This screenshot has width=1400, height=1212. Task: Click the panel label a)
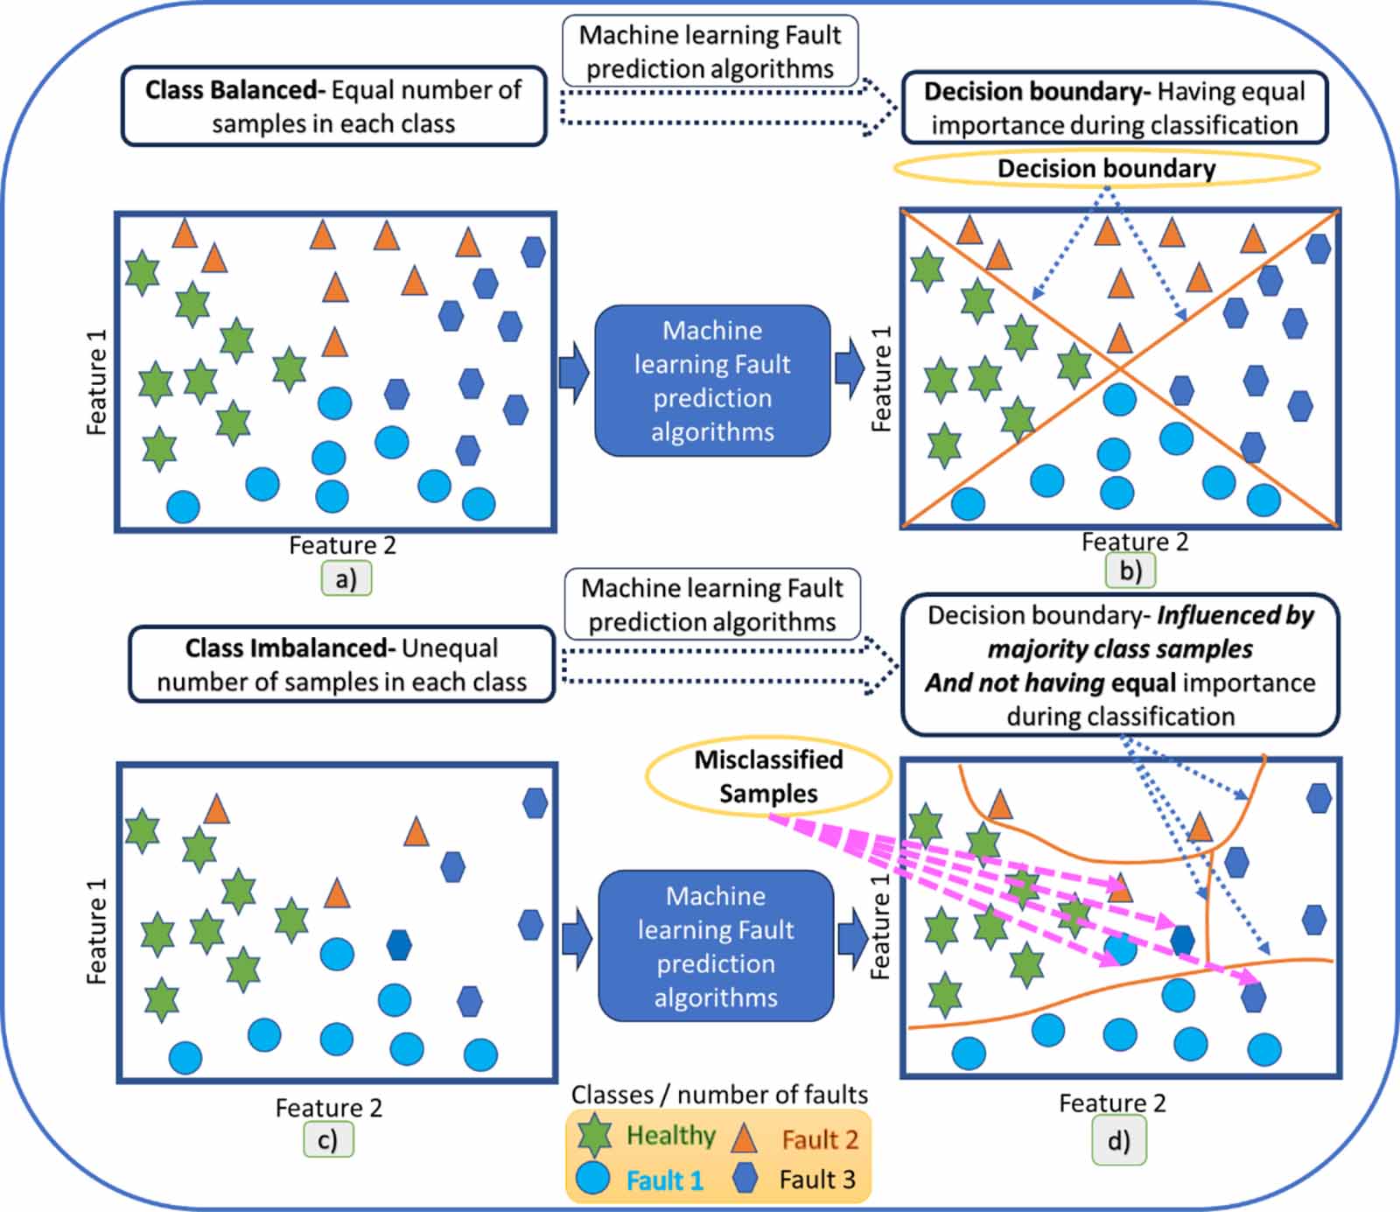(346, 579)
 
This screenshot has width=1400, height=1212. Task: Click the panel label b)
(1130, 571)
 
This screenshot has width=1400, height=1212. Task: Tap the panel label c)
(328, 1140)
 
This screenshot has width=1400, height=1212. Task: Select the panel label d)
(1118, 1141)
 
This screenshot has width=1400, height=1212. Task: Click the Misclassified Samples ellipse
(768, 776)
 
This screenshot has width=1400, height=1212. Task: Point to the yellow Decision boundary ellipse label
(1106, 168)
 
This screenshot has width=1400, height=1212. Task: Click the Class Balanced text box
(333, 106)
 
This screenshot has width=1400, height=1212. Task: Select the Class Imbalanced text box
(341, 664)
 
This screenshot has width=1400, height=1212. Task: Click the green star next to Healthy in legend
(595, 1135)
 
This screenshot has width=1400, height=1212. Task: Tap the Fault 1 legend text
(665, 1180)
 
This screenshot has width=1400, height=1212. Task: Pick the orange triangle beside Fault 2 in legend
(743, 1138)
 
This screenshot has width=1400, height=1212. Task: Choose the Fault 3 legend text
(817, 1180)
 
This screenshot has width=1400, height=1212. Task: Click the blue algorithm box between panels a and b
(712, 381)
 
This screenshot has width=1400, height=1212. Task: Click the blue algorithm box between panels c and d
(716, 946)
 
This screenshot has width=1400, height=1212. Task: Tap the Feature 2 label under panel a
(342, 545)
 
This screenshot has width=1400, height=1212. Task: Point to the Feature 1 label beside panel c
(97, 931)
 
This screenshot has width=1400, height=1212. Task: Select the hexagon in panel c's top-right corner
(535, 802)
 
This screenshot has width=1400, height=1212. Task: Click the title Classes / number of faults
(719, 1095)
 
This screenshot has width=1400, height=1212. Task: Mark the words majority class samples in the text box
(1120, 649)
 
